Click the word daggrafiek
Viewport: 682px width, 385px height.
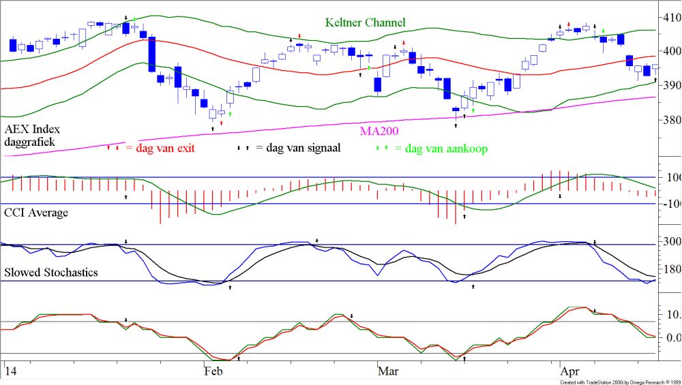tap(29, 142)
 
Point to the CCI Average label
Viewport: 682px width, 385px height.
tap(36, 213)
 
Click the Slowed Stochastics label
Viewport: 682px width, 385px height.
tap(51, 273)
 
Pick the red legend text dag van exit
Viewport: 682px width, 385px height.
tap(161, 147)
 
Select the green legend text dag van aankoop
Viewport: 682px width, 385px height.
tap(446, 148)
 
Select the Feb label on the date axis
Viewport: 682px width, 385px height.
tap(213, 371)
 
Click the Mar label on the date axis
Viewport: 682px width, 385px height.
tap(388, 371)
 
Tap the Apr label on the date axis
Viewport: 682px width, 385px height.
tap(570, 371)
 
